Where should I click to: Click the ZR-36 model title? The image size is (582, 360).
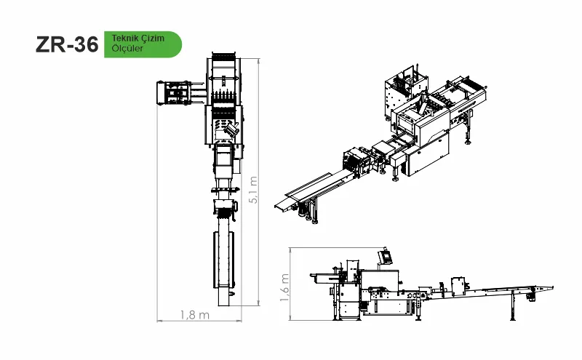click(x=67, y=44)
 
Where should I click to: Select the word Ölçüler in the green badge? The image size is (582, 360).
click(x=127, y=48)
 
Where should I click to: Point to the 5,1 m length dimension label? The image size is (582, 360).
click(x=253, y=190)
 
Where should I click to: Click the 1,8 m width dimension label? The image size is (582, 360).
click(x=195, y=315)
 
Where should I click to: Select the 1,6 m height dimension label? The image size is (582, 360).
click(x=284, y=287)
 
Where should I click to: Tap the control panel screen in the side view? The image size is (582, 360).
click(x=386, y=257)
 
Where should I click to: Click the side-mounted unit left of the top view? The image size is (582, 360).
click(x=174, y=93)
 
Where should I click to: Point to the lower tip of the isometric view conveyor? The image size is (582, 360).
click(x=276, y=206)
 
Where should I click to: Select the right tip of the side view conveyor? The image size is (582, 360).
click(x=553, y=287)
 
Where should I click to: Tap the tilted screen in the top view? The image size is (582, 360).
click(x=230, y=130)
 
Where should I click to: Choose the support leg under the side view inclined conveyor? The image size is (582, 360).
click(x=513, y=305)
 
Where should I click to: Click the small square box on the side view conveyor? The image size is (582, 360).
click(x=458, y=286)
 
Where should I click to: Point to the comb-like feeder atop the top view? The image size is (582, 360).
click(x=224, y=57)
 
